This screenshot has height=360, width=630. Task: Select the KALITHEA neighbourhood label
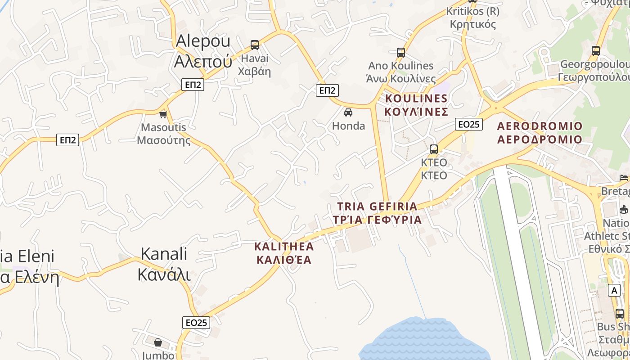click(284, 253)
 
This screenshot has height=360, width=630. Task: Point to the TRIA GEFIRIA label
click(378, 213)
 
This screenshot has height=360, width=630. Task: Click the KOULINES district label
click(416, 105)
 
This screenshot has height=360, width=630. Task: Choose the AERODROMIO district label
click(540, 132)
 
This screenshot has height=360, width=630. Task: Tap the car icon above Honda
click(348, 112)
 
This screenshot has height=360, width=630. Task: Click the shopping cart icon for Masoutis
click(163, 114)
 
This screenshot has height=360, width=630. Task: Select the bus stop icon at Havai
click(255, 45)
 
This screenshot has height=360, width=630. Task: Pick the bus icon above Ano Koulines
click(401, 52)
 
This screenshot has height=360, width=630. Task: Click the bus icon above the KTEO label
click(434, 149)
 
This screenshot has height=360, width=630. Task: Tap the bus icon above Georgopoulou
click(596, 50)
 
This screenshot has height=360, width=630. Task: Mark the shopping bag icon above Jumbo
click(158, 342)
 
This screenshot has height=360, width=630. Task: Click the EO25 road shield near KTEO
click(469, 124)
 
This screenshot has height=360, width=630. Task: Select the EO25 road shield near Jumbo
click(196, 322)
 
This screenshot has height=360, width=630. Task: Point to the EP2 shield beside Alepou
click(193, 85)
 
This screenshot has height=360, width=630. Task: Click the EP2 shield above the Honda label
click(327, 90)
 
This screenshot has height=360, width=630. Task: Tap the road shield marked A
click(614, 290)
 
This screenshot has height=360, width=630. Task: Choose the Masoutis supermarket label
click(163, 134)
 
